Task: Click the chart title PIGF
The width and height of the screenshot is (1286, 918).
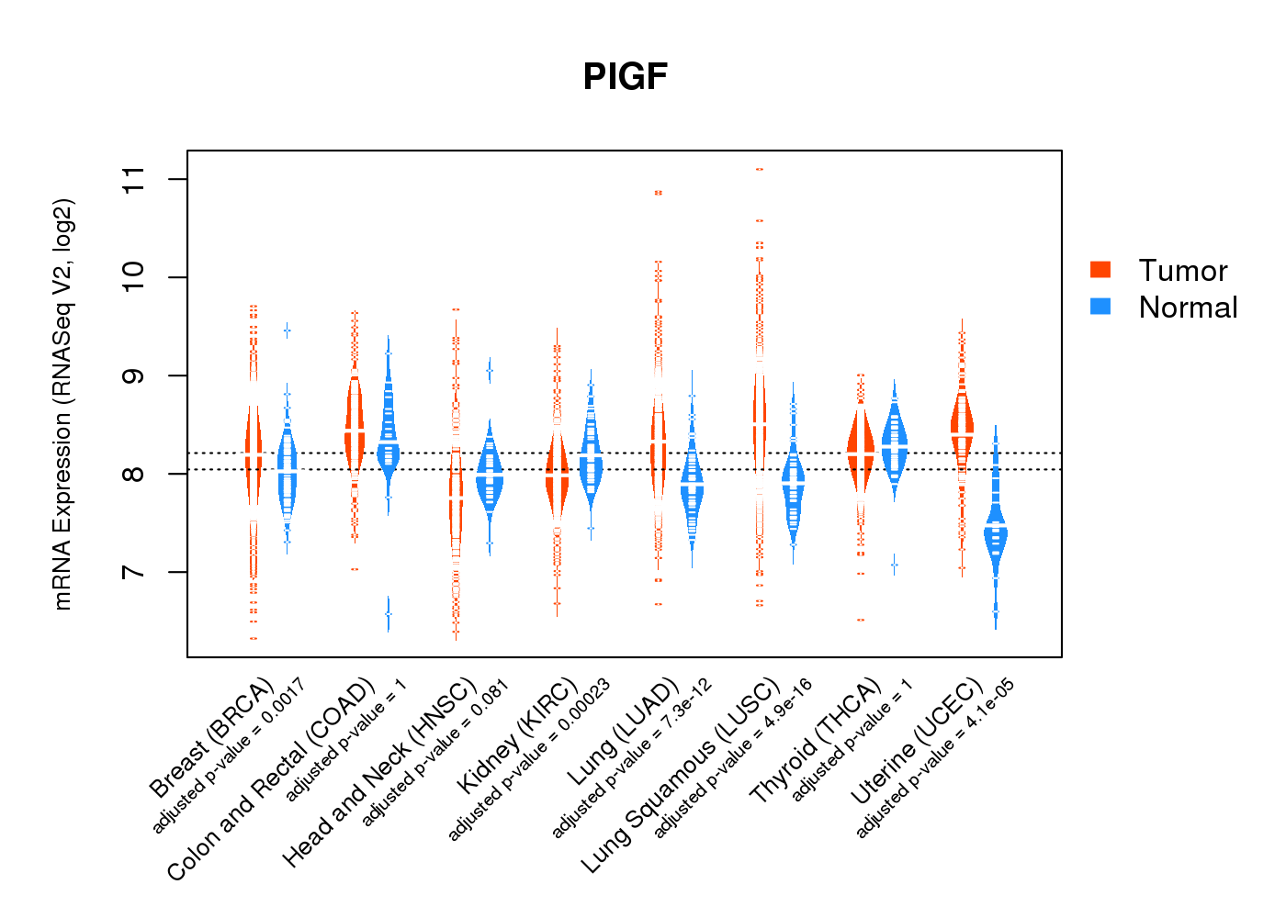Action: [x=625, y=76]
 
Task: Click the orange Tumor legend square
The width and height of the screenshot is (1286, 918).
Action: [x=1100, y=269]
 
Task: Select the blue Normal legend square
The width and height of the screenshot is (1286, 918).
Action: [x=1100, y=306]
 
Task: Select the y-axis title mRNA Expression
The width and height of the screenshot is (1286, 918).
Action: [x=62, y=404]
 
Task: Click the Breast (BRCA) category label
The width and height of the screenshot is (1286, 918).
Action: [x=212, y=738]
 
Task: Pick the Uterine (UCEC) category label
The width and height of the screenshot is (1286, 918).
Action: [x=917, y=743]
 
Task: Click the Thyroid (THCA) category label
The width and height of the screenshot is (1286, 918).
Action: [x=816, y=743]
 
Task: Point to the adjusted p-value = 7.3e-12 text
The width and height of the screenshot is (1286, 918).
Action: [x=632, y=758]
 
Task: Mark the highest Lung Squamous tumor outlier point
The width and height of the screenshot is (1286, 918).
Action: [x=760, y=170]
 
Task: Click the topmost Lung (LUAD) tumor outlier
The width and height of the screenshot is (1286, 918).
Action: [x=659, y=193]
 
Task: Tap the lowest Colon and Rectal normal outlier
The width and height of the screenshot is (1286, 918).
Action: [x=389, y=614]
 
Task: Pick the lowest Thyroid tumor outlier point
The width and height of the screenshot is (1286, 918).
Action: [x=861, y=620]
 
